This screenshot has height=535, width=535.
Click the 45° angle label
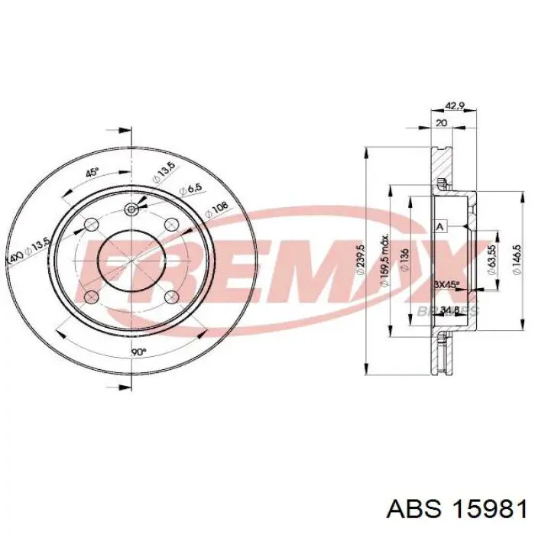[x=91, y=173]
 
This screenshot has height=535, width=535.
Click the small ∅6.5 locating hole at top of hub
[x=131, y=209]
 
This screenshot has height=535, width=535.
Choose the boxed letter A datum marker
[x=439, y=227]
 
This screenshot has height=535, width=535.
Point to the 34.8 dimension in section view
[x=451, y=310]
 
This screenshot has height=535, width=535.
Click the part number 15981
[x=491, y=508]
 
